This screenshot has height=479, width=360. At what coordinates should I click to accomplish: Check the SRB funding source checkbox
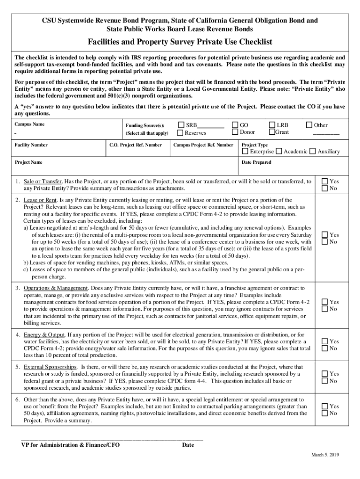182,125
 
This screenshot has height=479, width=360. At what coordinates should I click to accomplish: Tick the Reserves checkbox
182,132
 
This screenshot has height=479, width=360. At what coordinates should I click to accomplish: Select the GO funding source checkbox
235,125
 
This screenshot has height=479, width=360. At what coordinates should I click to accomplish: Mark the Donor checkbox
235,132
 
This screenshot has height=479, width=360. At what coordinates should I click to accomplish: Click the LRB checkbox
272,125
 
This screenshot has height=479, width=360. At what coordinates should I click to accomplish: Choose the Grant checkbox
272,132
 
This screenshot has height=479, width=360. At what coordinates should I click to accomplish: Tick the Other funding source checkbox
309,125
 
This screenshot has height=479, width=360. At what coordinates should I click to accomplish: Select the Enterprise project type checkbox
245,152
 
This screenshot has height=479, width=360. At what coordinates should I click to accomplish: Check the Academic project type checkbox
279,152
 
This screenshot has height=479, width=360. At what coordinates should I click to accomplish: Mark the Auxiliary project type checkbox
313,152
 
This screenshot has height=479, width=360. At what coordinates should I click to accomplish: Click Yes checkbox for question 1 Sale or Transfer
325,181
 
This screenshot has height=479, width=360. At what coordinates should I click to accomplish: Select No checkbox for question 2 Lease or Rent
325,242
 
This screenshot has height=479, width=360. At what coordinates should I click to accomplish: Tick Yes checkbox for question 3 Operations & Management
325,302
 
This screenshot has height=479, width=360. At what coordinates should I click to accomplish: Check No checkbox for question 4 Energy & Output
325,348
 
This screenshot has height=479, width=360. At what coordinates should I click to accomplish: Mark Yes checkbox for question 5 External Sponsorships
325,374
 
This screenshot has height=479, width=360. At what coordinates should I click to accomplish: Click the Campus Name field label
29,124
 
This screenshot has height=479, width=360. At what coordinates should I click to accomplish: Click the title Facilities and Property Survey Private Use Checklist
180,42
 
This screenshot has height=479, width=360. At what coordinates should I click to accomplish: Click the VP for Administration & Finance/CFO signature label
70,445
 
